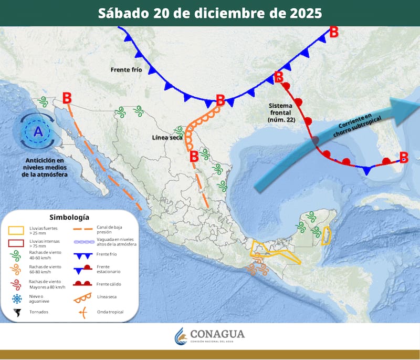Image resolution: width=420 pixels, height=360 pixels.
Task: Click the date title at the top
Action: tap(210, 13)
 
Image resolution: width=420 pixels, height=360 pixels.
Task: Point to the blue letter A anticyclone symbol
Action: tap(38, 132)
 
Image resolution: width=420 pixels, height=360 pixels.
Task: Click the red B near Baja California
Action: tap(67, 98)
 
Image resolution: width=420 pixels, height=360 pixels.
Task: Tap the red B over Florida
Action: tap(403, 157)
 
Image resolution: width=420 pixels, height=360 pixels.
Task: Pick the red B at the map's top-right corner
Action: tap(333, 32)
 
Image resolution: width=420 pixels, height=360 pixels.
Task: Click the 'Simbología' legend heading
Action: tap(69, 217)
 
